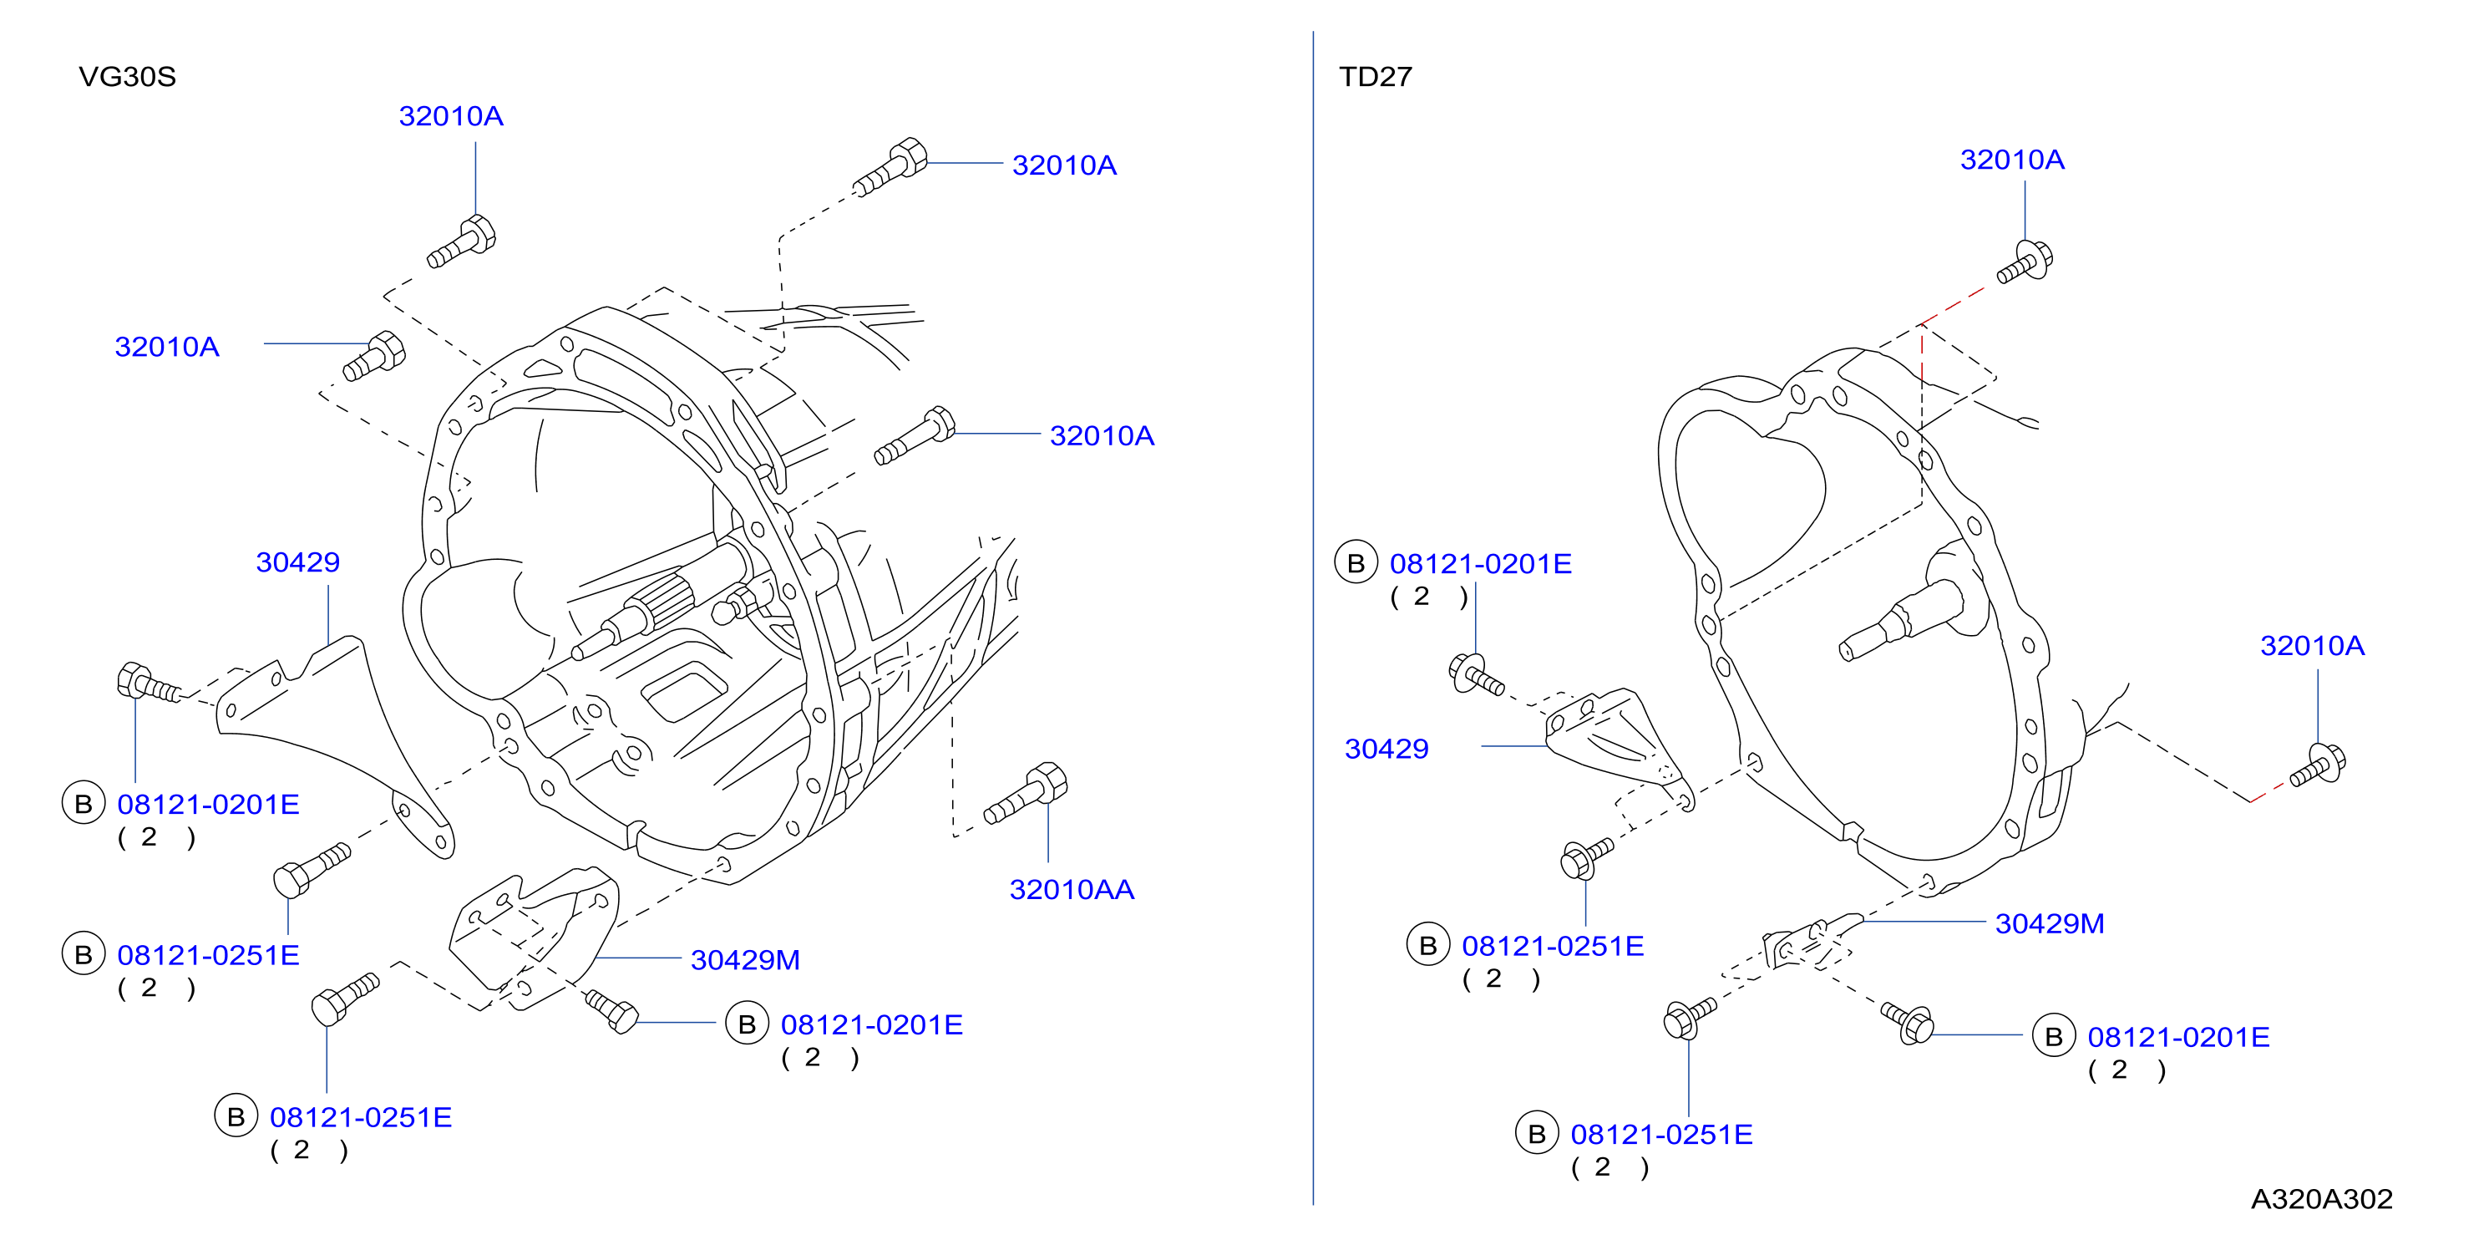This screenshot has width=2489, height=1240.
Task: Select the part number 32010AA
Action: tap(1072, 889)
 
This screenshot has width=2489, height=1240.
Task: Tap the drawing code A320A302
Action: tap(2322, 1198)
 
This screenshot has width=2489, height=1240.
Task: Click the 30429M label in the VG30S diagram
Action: tap(745, 960)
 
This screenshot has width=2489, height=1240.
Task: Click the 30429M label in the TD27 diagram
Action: tap(2050, 923)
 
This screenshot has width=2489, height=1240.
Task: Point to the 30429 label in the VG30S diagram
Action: tap(297, 562)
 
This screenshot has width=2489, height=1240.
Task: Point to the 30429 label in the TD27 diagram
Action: tap(1386, 748)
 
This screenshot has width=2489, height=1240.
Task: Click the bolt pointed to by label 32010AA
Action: tap(1025, 795)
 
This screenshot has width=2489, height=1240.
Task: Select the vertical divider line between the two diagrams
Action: tap(1313, 618)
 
